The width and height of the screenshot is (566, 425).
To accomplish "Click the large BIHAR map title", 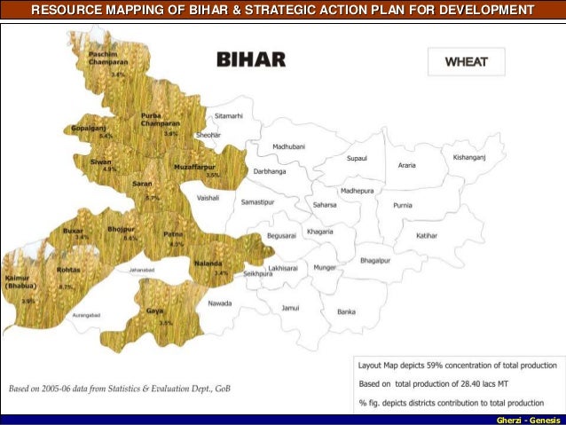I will [x=252, y=59].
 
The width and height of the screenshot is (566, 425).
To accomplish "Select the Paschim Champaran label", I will [x=106, y=59].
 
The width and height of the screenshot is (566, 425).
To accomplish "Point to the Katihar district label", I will [x=428, y=235].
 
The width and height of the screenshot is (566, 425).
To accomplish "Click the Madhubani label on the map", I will [x=288, y=146].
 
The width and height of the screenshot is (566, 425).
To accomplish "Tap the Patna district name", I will [x=173, y=234].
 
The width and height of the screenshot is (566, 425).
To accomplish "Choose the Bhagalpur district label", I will [x=375, y=261].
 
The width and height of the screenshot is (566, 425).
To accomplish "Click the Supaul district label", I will [x=357, y=158].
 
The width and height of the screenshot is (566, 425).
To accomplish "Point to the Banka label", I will [x=346, y=311].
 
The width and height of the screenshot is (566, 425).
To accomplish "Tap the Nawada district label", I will [x=219, y=303].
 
